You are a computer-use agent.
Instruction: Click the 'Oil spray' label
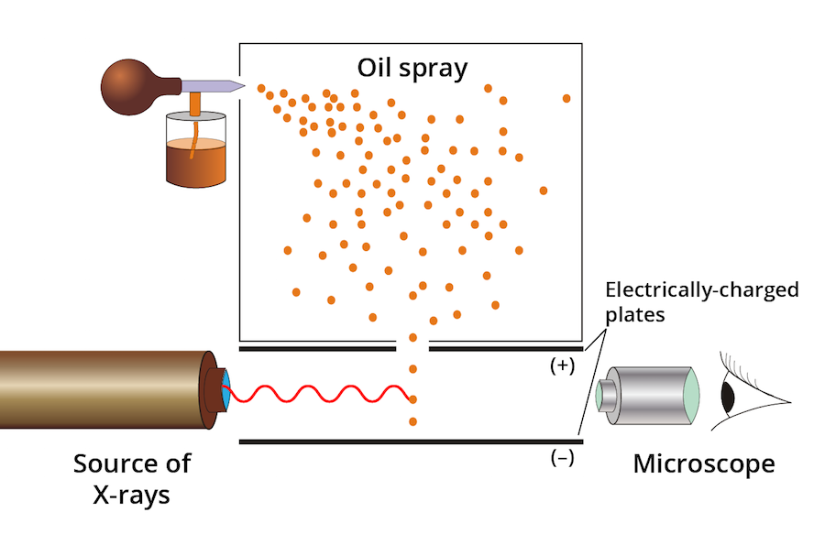coord(412,68)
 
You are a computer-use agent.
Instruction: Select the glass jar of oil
coord(194,151)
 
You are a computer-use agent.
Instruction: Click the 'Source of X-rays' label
coord(132,479)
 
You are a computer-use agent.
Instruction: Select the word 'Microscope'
coord(703,464)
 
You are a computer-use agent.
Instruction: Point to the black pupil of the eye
coord(728,396)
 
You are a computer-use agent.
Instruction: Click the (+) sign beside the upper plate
coord(561,365)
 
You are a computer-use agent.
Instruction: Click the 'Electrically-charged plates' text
coord(700,300)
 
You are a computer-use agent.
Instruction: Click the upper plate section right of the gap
coord(504,349)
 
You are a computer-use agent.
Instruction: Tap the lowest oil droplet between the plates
coord(413,422)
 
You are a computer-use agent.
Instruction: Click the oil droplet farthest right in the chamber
coord(566,98)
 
